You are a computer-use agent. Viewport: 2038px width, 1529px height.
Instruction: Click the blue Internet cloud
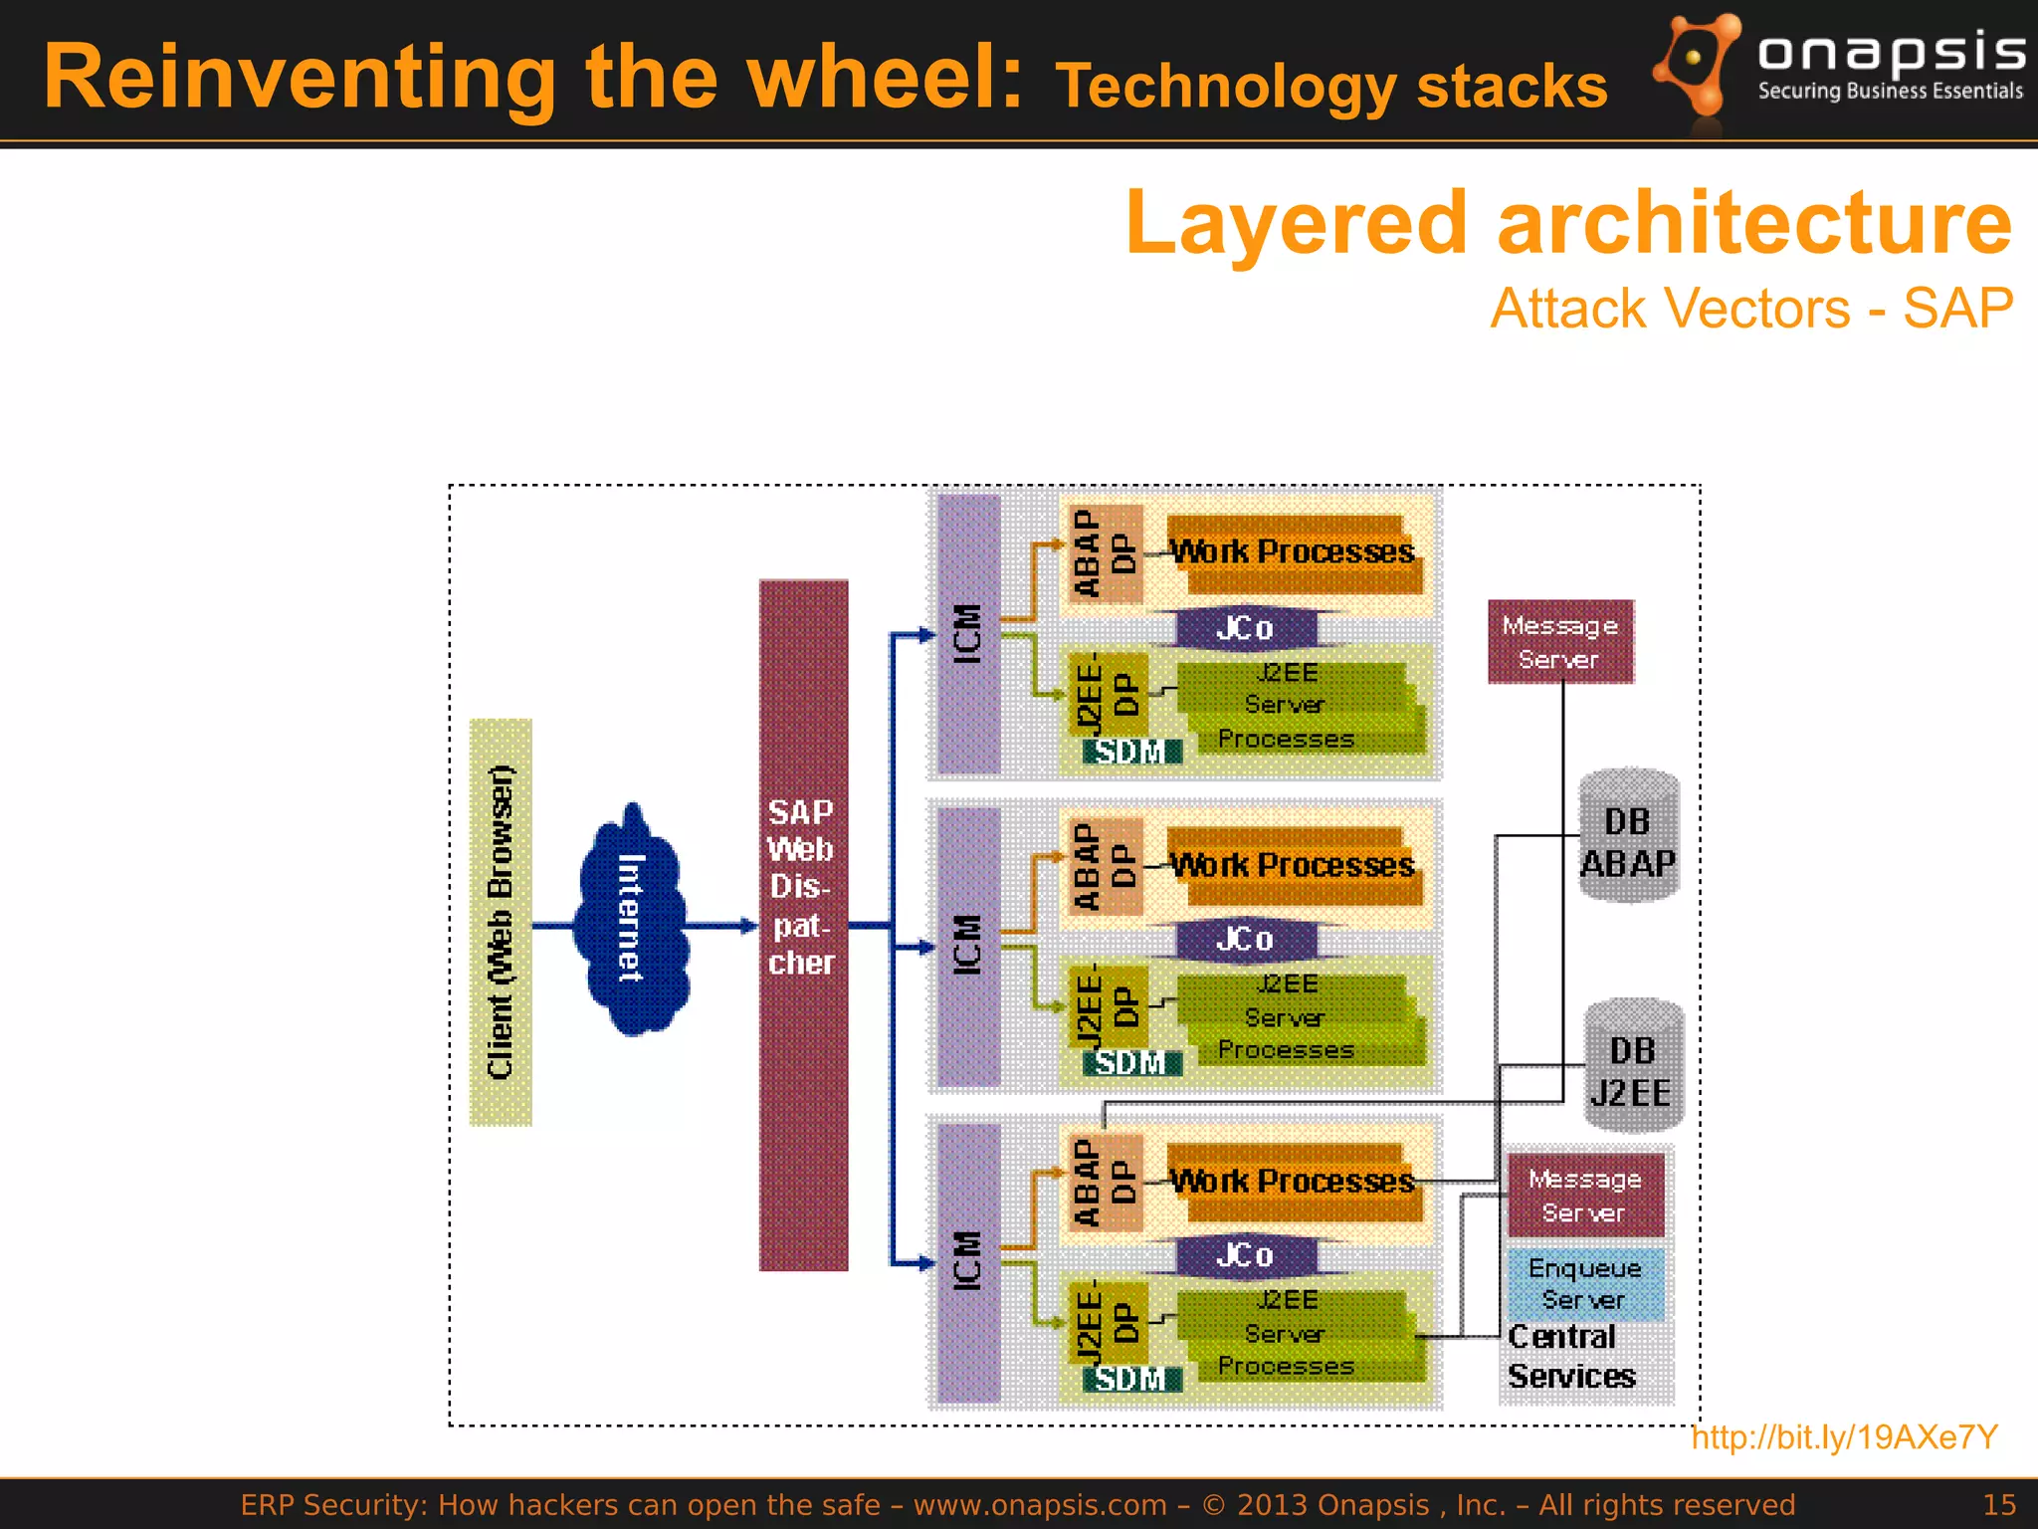(631, 919)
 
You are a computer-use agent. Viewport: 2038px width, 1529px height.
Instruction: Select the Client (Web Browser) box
(501, 922)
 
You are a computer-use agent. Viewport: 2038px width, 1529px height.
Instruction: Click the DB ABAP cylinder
(1628, 838)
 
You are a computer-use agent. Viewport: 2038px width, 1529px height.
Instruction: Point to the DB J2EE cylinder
(1632, 1067)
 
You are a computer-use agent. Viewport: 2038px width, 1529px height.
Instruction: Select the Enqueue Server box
(1585, 1284)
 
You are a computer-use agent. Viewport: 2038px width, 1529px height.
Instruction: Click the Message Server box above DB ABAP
(1560, 642)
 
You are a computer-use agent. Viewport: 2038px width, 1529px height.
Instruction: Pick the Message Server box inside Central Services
(1585, 1195)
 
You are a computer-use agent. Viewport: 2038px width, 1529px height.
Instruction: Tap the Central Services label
(1571, 1357)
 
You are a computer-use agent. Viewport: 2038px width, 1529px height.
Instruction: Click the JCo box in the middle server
(1245, 939)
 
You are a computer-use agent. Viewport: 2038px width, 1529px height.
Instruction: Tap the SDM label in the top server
(1131, 752)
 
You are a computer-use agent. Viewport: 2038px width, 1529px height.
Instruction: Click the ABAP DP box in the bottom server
(1104, 1182)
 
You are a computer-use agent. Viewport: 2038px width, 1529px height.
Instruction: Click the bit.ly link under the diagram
(1844, 1436)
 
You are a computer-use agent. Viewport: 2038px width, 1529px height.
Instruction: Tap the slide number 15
(1998, 1504)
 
